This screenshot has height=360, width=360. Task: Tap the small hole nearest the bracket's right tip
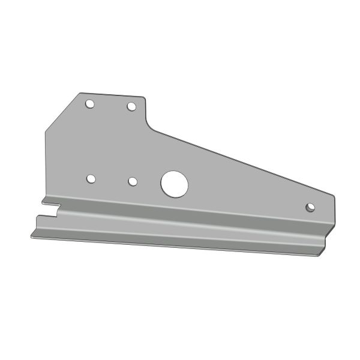click(310, 207)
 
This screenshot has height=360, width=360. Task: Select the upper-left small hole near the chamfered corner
click(89, 104)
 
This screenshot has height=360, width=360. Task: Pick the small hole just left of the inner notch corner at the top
click(131, 107)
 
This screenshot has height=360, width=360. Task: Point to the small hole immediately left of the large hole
click(133, 181)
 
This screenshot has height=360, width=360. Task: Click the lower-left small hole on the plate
click(91, 179)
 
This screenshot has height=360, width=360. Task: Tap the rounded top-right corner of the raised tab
click(145, 98)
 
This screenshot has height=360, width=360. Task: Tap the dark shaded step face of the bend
click(180, 223)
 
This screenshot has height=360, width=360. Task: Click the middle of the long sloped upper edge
click(240, 160)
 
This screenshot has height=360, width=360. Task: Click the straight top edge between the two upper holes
click(111, 95)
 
